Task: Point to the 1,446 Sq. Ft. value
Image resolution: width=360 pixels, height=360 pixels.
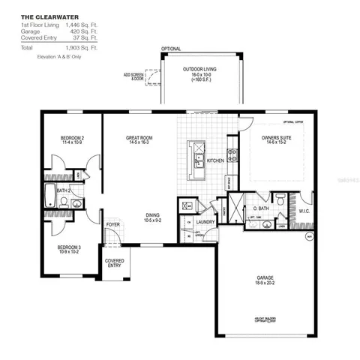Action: click(x=81, y=25)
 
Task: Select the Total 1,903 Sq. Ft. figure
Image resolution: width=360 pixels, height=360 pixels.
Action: click(x=81, y=48)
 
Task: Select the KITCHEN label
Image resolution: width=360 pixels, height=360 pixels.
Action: click(x=216, y=160)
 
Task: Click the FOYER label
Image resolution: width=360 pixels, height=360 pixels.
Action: click(x=113, y=224)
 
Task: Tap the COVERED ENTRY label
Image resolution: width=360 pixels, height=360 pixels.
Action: click(x=115, y=263)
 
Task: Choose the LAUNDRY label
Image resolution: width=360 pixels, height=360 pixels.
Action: click(x=205, y=222)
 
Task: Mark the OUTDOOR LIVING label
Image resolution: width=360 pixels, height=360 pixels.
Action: click(x=198, y=70)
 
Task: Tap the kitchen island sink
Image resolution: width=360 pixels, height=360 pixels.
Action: click(x=196, y=166)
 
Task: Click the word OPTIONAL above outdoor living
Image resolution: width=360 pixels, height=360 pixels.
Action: click(x=171, y=49)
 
